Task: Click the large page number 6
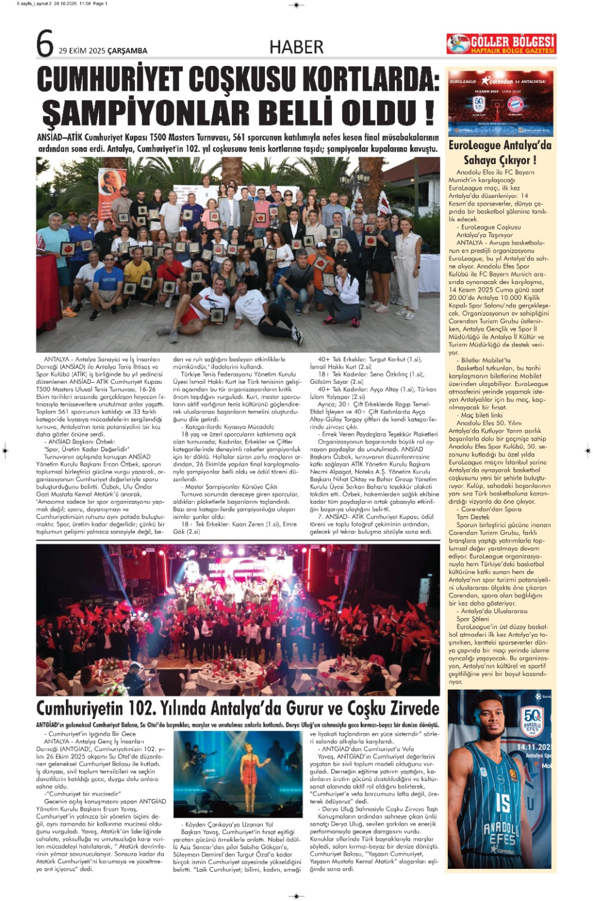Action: [x=45, y=44]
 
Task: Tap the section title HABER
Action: [x=296, y=47]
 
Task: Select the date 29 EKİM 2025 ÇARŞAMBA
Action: [x=103, y=51]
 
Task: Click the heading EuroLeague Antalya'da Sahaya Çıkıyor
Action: [x=500, y=152]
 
